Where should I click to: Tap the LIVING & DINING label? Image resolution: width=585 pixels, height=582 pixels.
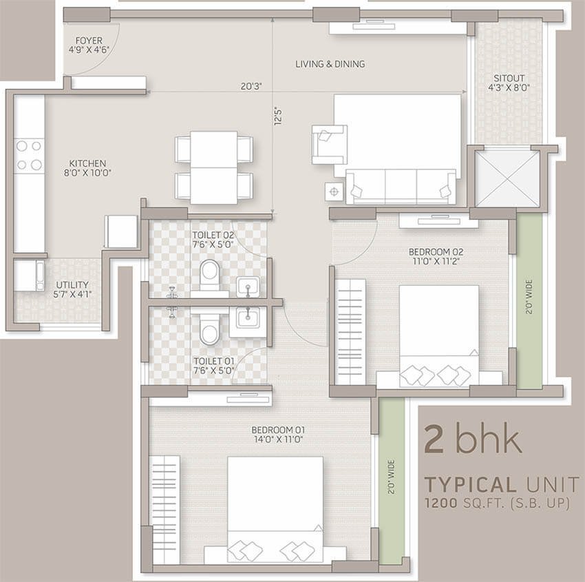[x=330, y=64]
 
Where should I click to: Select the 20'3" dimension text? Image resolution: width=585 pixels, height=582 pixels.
[x=251, y=86]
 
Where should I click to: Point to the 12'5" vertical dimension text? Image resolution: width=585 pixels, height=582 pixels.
[x=278, y=116]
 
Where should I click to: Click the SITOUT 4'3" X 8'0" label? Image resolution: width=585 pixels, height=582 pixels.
[x=509, y=83]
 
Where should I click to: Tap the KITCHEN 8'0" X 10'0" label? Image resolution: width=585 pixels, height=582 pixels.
[x=87, y=168]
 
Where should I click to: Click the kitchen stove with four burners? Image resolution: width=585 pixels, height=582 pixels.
[x=29, y=155]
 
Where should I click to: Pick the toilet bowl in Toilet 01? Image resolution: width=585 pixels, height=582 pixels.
[x=209, y=330]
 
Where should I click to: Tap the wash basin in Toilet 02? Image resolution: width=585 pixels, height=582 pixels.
[x=247, y=287]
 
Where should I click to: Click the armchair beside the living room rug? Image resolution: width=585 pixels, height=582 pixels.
[x=330, y=145]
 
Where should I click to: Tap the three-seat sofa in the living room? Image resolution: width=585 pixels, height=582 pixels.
[x=401, y=187]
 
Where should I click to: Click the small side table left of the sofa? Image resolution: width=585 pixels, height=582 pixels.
[x=334, y=192]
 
